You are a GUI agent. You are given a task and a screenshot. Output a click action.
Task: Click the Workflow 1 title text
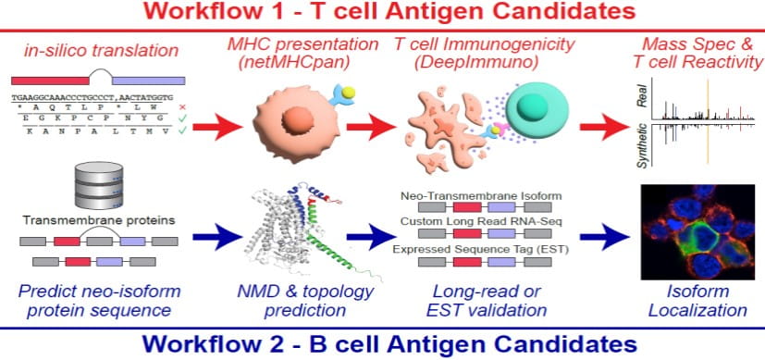[x=382, y=13]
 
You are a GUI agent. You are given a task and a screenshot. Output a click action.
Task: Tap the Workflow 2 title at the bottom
[x=382, y=344]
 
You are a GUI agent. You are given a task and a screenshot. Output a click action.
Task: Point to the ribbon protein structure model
[x=297, y=230]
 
